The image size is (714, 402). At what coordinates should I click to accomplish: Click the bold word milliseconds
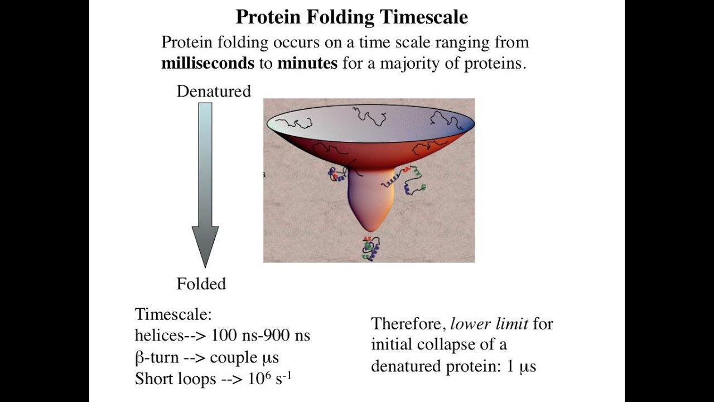208,63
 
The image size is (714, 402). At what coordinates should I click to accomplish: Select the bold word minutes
307,63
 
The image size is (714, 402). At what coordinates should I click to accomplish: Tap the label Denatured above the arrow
214,92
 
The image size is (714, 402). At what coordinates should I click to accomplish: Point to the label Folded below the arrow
201,284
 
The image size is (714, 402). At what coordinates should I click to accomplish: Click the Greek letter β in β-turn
139,357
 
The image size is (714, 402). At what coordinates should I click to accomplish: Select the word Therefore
408,324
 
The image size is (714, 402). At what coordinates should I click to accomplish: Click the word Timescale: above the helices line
173,314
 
